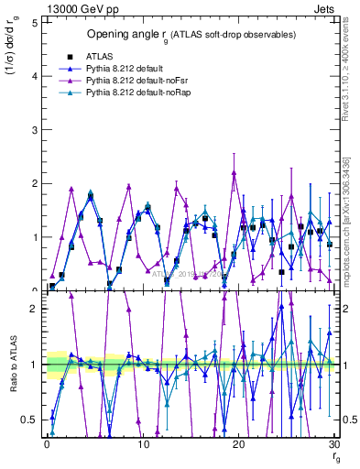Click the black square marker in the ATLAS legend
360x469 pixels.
[69, 57]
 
